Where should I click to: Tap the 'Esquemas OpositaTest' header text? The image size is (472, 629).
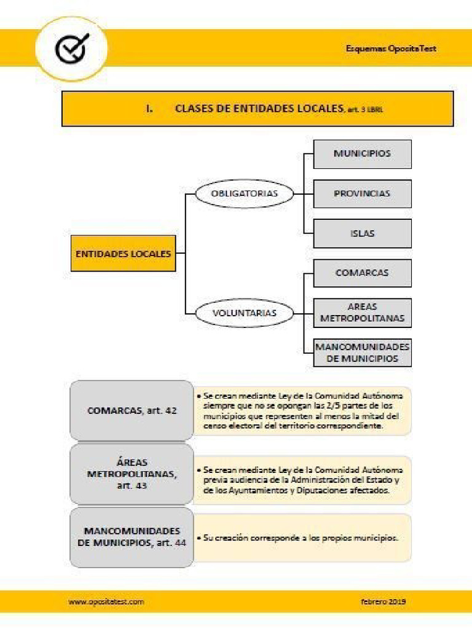[x=391, y=49]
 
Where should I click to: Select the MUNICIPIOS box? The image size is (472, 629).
[x=362, y=154]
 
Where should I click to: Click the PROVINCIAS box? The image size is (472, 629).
[x=362, y=193]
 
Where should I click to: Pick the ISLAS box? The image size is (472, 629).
[x=362, y=233]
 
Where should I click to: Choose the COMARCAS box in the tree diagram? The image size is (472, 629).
[x=362, y=273]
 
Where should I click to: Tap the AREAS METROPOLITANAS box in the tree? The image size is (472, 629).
[x=362, y=313]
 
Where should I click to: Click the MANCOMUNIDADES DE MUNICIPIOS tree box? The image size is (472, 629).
[x=362, y=353]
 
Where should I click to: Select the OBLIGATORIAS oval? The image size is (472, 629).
[x=245, y=193]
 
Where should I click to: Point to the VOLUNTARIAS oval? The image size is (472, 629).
[x=245, y=313]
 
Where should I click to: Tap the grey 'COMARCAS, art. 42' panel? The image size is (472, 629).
[x=132, y=410]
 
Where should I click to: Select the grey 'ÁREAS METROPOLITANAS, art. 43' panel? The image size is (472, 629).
[x=132, y=474]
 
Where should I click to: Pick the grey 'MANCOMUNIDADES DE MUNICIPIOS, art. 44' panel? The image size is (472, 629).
[x=132, y=537]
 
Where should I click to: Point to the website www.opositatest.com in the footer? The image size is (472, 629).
[x=106, y=602]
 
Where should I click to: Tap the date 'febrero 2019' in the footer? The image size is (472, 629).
[x=383, y=602]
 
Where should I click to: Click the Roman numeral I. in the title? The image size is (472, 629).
[x=149, y=109]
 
